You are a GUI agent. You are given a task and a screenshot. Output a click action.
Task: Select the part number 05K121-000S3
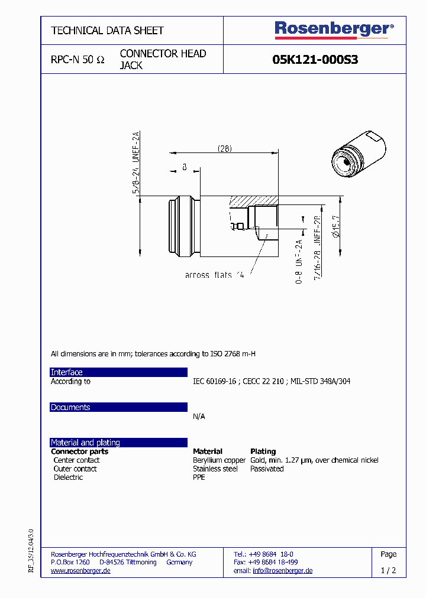tap(315, 60)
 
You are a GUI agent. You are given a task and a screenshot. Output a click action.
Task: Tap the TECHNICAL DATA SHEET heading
tap(107, 30)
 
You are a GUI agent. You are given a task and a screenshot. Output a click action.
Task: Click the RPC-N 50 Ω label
tap(78, 60)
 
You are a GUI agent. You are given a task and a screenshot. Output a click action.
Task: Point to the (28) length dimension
tap(224, 148)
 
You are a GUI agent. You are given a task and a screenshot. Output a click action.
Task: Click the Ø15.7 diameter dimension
tap(335, 226)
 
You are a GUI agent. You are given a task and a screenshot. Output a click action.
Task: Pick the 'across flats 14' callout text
tap(214, 275)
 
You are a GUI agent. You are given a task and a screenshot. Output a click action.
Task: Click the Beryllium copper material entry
tap(219, 460)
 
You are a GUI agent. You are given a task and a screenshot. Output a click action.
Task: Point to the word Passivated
tap(267, 469)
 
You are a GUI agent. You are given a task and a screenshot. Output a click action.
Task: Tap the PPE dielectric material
tap(199, 477)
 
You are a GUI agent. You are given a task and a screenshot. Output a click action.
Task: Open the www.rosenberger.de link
tap(80, 571)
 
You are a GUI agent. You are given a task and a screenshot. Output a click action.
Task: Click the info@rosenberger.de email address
tap(282, 571)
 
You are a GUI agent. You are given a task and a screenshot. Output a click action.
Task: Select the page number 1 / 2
tap(388, 571)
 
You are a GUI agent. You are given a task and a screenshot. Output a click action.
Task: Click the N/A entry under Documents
tap(199, 417)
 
